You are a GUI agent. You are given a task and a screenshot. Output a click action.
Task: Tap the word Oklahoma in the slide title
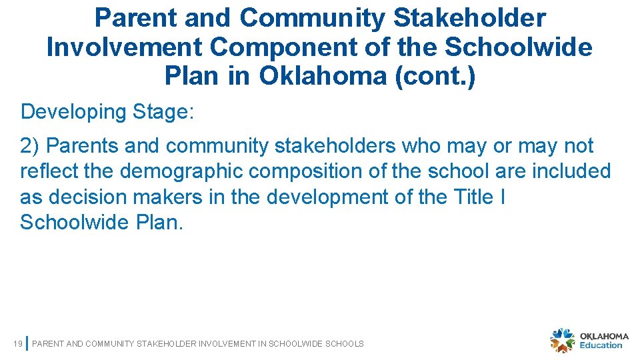click(x=323, y=77)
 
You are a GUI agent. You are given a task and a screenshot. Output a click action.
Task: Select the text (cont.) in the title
click(x=435, y=77)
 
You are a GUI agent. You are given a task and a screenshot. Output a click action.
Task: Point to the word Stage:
click(x=163, y=112)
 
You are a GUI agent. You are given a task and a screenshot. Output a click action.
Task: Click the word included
click(x=571, y=171)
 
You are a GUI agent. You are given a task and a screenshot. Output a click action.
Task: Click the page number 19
click(x=18, y=344)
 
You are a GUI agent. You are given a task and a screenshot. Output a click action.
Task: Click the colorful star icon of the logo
click(x=562, y=340)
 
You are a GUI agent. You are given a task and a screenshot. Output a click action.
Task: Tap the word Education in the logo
click(x=601, y=345)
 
